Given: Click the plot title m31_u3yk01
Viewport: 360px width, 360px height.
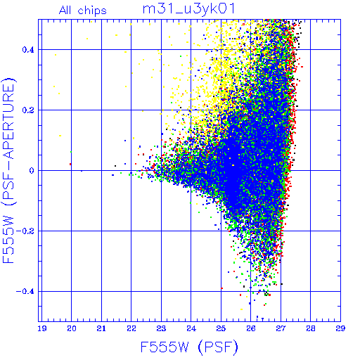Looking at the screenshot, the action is coord(188,9).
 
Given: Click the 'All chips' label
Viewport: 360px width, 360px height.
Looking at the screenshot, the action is coord(83,11).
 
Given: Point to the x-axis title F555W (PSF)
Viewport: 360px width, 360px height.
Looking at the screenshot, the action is coord(189,347).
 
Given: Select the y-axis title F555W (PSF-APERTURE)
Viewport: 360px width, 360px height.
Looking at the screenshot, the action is coord(8,170).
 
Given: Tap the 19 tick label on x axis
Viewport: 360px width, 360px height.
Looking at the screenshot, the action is coord(42,328).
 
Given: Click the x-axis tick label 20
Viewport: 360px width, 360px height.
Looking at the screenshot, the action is coord(72,328).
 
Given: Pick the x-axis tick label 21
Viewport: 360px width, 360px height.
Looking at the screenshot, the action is coord(101,328).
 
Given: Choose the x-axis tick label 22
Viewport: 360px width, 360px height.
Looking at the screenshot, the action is coord(131,328).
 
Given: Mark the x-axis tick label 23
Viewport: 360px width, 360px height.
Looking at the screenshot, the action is coord(161,328).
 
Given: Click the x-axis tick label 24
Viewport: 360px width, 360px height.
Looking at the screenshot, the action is coord(191,328).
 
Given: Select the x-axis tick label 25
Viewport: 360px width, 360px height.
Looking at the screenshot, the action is coord(221,328).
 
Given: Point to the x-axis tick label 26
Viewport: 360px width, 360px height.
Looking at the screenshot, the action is coord(251,328).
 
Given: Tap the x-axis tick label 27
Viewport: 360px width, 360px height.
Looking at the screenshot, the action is coord(281,328).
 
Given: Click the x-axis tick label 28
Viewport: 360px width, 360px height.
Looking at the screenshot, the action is coord(311,328).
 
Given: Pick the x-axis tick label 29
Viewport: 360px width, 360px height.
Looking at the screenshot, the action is coord(340,328).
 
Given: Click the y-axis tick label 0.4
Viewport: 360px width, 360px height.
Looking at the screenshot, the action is coord(28,50).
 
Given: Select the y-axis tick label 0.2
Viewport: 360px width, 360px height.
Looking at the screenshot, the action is coord(28,110).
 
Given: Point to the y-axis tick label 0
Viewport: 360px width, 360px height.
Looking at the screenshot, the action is coord(32,171).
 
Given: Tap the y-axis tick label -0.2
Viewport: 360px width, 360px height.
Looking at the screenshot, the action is coord(25,231).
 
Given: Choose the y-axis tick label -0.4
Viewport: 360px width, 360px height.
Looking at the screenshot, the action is coord(25,292).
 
